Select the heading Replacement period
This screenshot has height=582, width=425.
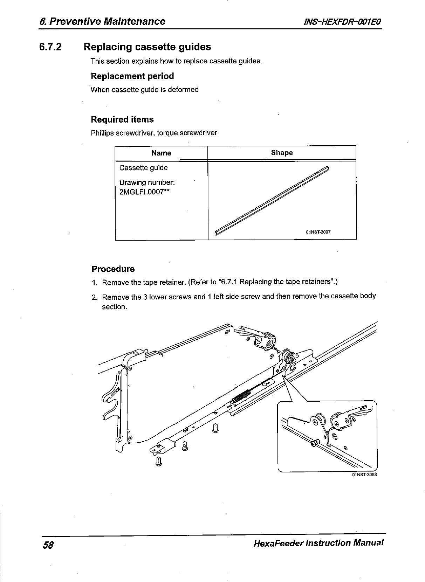(132, 76)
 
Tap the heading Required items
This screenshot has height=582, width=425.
(122, 119)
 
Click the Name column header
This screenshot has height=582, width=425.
(161, 153)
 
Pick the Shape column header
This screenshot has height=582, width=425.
(282, 153)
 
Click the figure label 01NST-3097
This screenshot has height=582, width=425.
(318, 232)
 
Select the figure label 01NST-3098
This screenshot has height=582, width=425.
(364, 475)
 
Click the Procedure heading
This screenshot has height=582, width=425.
(113, 269)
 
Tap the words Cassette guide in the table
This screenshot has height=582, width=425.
(144, 168)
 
